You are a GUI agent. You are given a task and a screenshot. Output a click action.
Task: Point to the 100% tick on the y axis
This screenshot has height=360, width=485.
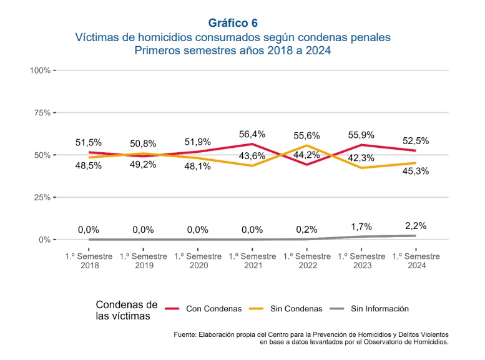(41, 70)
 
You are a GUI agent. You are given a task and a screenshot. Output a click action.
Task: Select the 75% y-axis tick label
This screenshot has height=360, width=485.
(42, 112)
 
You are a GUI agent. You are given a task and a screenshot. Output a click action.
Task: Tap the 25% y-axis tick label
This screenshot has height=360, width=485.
(42, 197)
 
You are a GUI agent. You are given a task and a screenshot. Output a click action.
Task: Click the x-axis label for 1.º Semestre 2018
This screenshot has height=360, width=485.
(89, 261)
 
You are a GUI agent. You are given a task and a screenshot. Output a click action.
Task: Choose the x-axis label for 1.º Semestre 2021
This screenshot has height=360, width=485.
(252, 261)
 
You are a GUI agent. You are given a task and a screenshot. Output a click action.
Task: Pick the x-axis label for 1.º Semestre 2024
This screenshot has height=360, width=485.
(416, 261)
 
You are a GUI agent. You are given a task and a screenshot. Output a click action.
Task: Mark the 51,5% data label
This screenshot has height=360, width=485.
(89, 142)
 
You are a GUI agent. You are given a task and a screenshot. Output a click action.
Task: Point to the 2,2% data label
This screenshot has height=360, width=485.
(416, 225)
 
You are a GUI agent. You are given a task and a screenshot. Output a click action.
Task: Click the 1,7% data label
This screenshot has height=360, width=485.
(361, 228)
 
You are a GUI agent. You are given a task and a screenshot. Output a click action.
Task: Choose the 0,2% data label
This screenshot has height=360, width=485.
(306, 230)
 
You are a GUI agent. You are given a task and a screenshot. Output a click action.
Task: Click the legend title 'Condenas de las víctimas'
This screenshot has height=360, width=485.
(127, 310)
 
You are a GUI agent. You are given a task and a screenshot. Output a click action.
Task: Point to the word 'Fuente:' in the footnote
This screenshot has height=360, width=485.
(187, 335)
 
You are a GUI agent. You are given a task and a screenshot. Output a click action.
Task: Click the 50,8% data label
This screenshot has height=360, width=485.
(143, 144)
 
